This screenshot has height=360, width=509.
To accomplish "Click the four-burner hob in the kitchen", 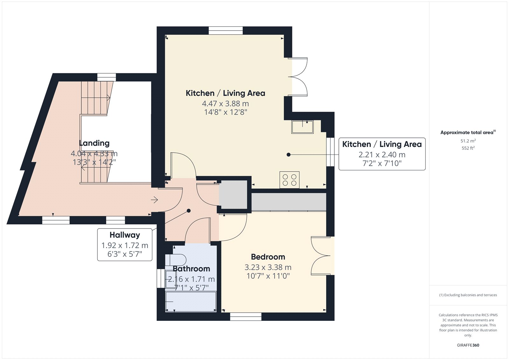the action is click(x=289, y=180).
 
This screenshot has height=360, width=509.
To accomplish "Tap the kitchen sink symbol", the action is click(x=303, y=127).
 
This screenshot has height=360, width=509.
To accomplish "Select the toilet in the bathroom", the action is click(x=176, y=260).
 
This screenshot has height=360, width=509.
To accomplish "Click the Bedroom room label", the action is click(x=268, y=257).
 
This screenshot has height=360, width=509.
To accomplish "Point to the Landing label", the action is click(x=94, y=143).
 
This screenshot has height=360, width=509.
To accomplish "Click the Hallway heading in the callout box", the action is click(x=125, y=235).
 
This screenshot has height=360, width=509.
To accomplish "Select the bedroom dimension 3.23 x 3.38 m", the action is click(x=268, y=267).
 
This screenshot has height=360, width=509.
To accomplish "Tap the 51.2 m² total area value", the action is click(x=468, y=141).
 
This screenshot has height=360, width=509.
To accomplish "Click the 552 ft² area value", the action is click(x=468, y=148).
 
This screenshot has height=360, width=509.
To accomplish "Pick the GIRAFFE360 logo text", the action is click(x=468, y=345).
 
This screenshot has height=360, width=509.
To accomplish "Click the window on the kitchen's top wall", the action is click(x=226, y=31).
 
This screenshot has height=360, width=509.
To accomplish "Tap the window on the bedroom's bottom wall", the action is click(x=246, y=317).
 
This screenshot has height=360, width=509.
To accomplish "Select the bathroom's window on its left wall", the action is click(x=161, y=279).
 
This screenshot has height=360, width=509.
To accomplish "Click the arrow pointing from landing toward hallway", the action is click(x=154, y=200).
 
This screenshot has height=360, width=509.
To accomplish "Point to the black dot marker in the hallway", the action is click(x=189, y=211).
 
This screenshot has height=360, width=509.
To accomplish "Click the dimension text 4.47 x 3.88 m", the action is click(x=226, y=104).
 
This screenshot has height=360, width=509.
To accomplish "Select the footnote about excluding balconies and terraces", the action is click(x=468, y=295).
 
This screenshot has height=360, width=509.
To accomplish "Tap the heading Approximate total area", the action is click(x=468, y=132).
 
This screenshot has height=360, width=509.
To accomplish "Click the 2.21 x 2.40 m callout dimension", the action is click(x=382, y=155).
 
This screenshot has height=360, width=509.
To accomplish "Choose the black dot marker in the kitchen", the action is click(x=289, y=155).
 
